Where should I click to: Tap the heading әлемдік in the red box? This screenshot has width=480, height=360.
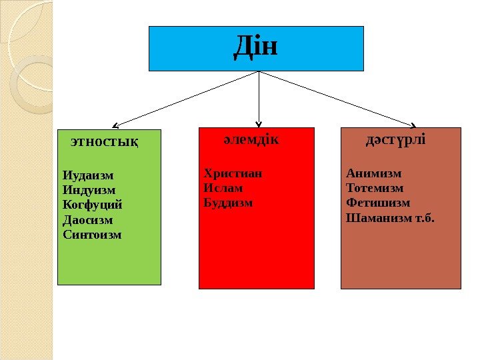tap(251, 141)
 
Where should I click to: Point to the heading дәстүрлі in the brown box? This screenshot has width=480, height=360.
tap(396, 141)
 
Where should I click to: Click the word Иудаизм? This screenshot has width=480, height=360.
tap(88, 175)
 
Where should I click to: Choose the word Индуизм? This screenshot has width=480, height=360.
tap(89, 190)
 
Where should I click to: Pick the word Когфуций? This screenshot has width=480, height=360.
tap(93, 205)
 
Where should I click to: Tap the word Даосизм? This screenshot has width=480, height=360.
tap(88, 219)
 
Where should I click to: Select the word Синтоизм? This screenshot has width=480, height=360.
tap(92, 234)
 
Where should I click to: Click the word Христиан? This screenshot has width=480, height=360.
tap(233, 173)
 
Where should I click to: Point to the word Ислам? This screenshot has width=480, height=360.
tap(223, 188)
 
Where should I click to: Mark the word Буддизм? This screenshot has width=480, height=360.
tap(228, 202)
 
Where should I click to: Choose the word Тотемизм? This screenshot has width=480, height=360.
tap(375, 188)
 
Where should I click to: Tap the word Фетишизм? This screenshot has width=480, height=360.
tap(378, 203)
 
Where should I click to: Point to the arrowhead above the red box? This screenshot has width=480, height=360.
tap(259, 122)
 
